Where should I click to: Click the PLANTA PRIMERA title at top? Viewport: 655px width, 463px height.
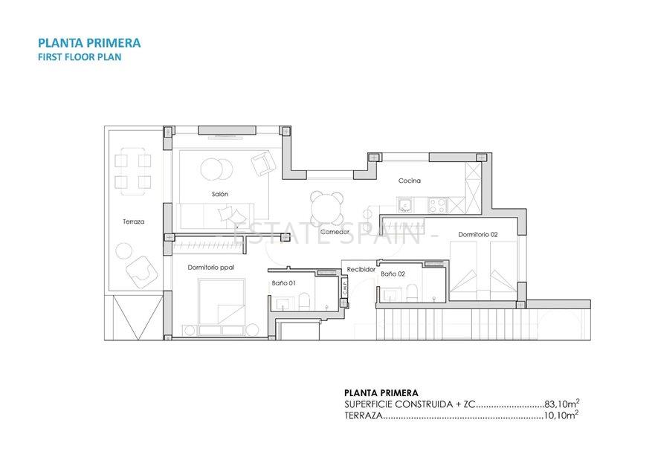88,43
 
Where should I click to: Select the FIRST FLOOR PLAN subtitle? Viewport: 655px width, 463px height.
79,57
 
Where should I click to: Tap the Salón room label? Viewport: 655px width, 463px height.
219,194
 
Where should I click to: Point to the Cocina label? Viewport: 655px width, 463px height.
409,181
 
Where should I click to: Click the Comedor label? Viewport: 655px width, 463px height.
335,232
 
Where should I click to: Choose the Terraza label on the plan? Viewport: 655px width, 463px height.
134,221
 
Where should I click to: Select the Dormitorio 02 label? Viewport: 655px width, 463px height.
477,234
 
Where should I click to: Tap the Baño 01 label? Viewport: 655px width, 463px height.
283,283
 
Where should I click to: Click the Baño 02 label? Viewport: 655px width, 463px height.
393,274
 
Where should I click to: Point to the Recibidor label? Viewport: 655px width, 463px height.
361,269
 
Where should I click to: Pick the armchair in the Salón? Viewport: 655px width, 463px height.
262,164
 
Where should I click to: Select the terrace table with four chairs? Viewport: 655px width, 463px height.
132,171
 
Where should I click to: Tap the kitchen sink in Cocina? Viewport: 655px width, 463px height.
406,204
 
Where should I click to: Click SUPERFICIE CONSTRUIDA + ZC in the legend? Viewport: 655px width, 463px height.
409,405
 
